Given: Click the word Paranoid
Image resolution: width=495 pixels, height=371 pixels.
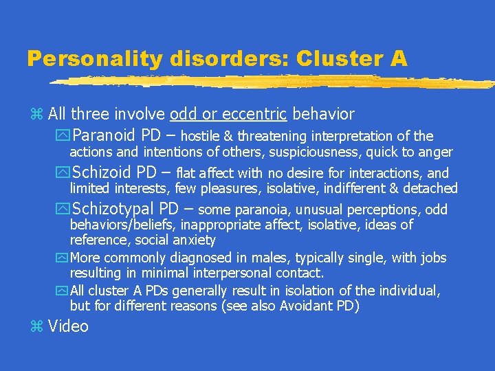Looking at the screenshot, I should tap(104, 135).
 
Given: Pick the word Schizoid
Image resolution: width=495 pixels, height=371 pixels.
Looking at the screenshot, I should tap(104, 172).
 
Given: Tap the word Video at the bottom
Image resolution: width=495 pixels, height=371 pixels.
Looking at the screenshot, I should tap(68, 326).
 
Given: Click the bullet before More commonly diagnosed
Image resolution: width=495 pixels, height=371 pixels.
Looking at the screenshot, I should tap(63, 258).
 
